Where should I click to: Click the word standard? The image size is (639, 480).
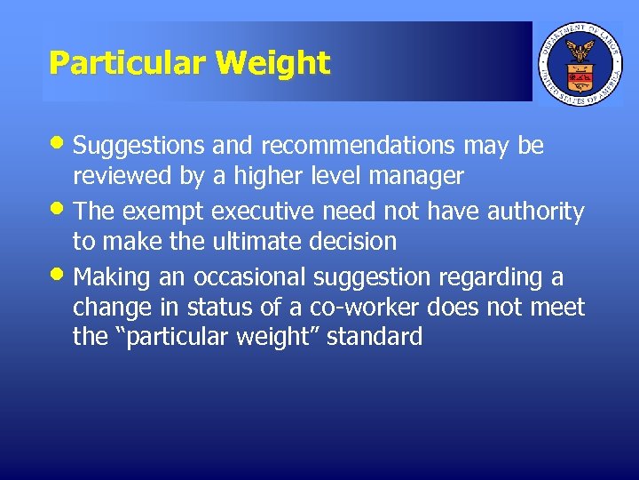click(x=375, y=338)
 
